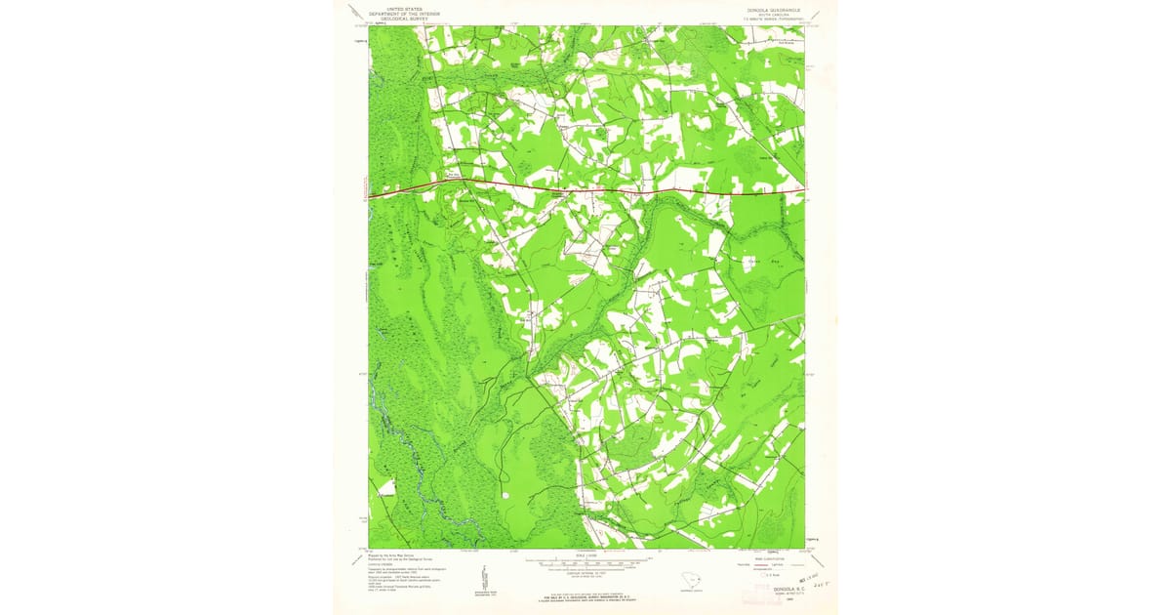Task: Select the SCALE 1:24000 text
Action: [586, 556]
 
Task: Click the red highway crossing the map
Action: [585, 188]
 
